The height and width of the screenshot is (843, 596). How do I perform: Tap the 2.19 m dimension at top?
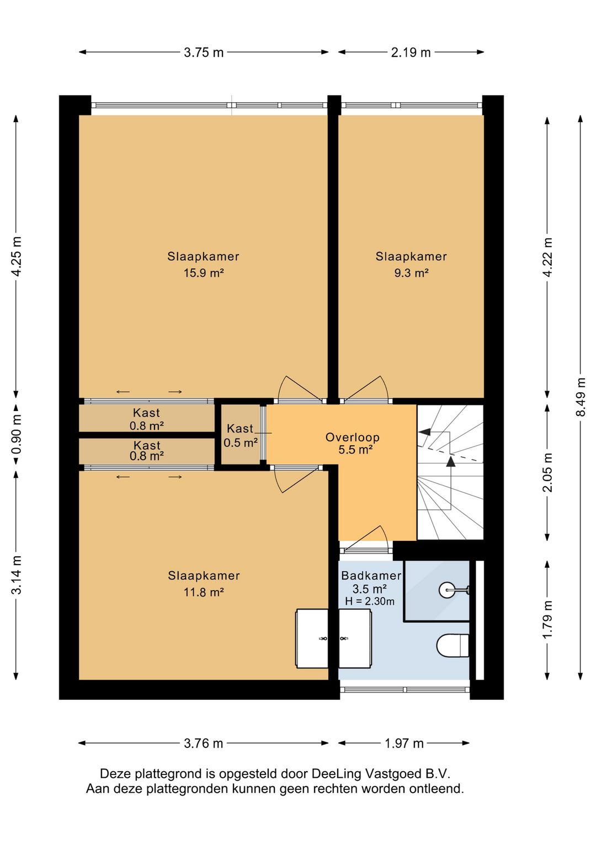point(411,52)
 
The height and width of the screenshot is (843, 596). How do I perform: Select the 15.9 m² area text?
point(204,273)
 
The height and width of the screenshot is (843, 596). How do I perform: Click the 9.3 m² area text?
point(411,273)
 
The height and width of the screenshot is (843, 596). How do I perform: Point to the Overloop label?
point(352,437)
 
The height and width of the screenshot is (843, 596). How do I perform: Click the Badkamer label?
point(371,576)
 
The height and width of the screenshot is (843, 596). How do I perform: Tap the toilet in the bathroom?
point(453,645)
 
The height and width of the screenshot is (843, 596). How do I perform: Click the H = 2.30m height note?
point(370,602)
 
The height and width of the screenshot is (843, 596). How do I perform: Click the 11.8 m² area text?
point(204,592)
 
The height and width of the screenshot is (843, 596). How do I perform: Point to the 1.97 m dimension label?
point(404,743)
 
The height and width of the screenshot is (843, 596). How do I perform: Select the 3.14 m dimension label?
point(16,575)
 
